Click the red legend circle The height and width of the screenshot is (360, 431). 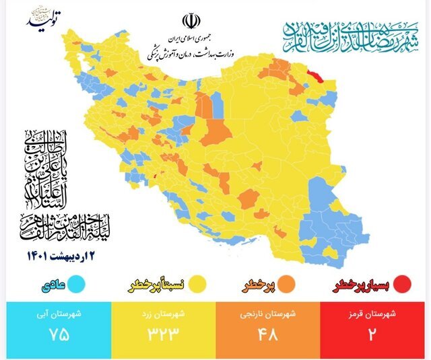click(x=403, y=285)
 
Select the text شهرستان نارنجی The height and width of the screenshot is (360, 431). click(x=269, y=314)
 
